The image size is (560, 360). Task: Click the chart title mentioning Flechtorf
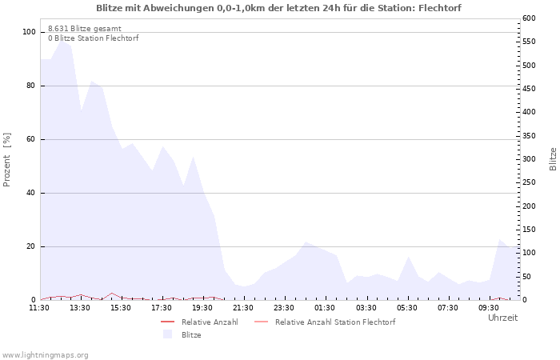coord(278,8)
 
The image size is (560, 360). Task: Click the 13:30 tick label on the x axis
coord(80,307)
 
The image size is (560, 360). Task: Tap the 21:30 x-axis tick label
coord(244,307)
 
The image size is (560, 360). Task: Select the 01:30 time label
coord(326,307)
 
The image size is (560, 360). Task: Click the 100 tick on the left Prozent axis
coord(30,32)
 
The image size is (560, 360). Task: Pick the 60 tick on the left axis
coord(31,139)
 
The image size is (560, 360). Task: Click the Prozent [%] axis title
coord(7,160)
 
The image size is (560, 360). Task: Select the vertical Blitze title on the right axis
coord(553,158)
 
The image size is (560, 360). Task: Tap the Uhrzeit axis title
coord(502,318)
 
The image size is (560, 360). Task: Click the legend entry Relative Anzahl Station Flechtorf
coord(335,322)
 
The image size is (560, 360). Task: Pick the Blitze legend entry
coord(191,335)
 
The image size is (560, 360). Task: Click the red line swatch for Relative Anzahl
coord(168,322)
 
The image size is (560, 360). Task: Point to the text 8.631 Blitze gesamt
coord(85,28)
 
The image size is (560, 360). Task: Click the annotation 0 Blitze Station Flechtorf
coord(93,38)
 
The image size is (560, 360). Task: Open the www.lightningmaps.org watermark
coord(46,354)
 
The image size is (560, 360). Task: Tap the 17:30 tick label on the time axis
coord(162,307)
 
